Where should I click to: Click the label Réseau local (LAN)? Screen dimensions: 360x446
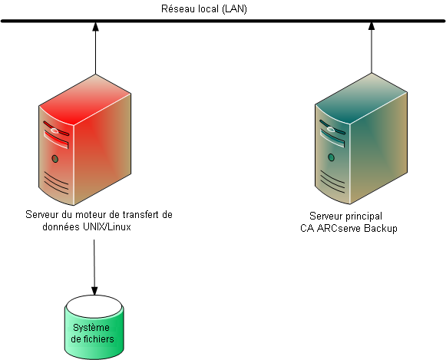tap(203, 9)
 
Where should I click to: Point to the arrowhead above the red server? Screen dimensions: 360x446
tap(94, 28)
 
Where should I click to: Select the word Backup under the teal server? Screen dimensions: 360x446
tap(380, 229)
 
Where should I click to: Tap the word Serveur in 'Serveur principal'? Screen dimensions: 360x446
tap(326, 216)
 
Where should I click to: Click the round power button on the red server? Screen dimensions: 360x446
tap(55, 159)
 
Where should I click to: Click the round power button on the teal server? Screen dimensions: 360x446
tap(331, 159)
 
